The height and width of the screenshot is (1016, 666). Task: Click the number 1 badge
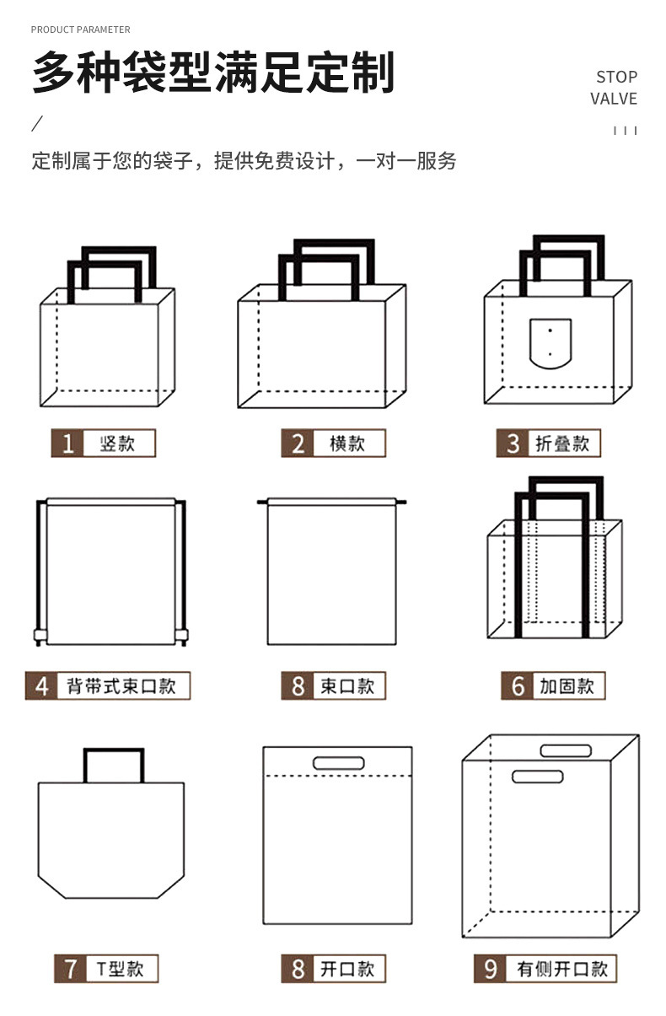click(x=68, y=443)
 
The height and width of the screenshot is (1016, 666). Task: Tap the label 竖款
click(x=117, y=443)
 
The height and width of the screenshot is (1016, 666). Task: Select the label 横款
click(x=346, y=443)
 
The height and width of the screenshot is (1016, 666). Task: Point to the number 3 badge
click(x=513, y=443)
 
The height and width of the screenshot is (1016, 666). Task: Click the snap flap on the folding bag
click(x=550, y=343)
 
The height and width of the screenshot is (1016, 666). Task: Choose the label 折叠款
click(x=562, y=443)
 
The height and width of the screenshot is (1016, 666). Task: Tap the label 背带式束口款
click(x=121, y=685)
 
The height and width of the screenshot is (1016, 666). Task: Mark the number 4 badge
click(x=42, y=685)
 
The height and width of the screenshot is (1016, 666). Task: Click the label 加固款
click(x=567, y=686)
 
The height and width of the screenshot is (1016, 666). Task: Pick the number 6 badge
click(x=518, y=686)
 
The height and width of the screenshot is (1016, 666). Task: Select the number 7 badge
click(x=70, y=969)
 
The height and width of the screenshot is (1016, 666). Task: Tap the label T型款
click(x=120, y=969)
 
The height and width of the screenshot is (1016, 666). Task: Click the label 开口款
click(x=346, y=969)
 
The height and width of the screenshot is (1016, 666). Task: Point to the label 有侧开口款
click(x=561, y=969)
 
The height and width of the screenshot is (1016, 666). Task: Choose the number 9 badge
click(x=490, y=969)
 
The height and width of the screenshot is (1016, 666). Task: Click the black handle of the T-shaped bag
click(x=113, y=751)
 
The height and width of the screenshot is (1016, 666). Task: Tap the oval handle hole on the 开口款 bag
click(x=338, y=763)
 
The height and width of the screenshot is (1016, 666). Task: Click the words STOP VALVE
click(x=614, y=88)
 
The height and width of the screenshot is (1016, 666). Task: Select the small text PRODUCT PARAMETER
click(x=81, y=30)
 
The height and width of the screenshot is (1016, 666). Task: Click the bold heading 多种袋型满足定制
click(x=213, y=73)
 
